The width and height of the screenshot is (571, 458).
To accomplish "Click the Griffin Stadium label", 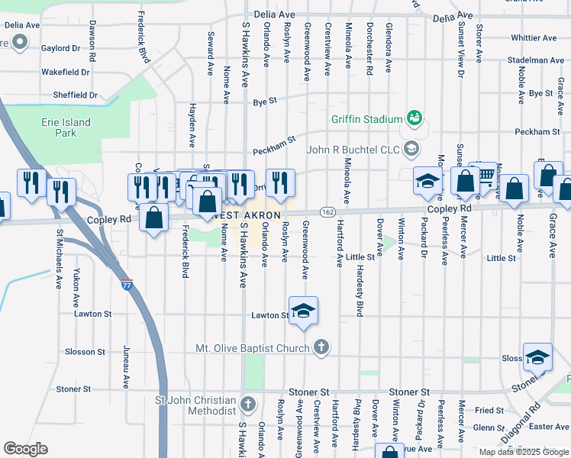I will [366, 119].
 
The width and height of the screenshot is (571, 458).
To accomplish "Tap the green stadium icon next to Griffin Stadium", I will [415, 118].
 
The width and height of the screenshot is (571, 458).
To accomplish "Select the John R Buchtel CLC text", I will [353, 148].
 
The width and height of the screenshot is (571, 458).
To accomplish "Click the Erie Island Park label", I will [66, 127].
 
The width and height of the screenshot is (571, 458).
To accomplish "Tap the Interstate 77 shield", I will [127, 284].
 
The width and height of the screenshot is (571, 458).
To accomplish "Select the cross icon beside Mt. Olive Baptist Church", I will [321, 347].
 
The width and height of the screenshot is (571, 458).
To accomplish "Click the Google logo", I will [25, 448].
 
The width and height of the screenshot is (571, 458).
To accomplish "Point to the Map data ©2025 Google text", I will [523, 452].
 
